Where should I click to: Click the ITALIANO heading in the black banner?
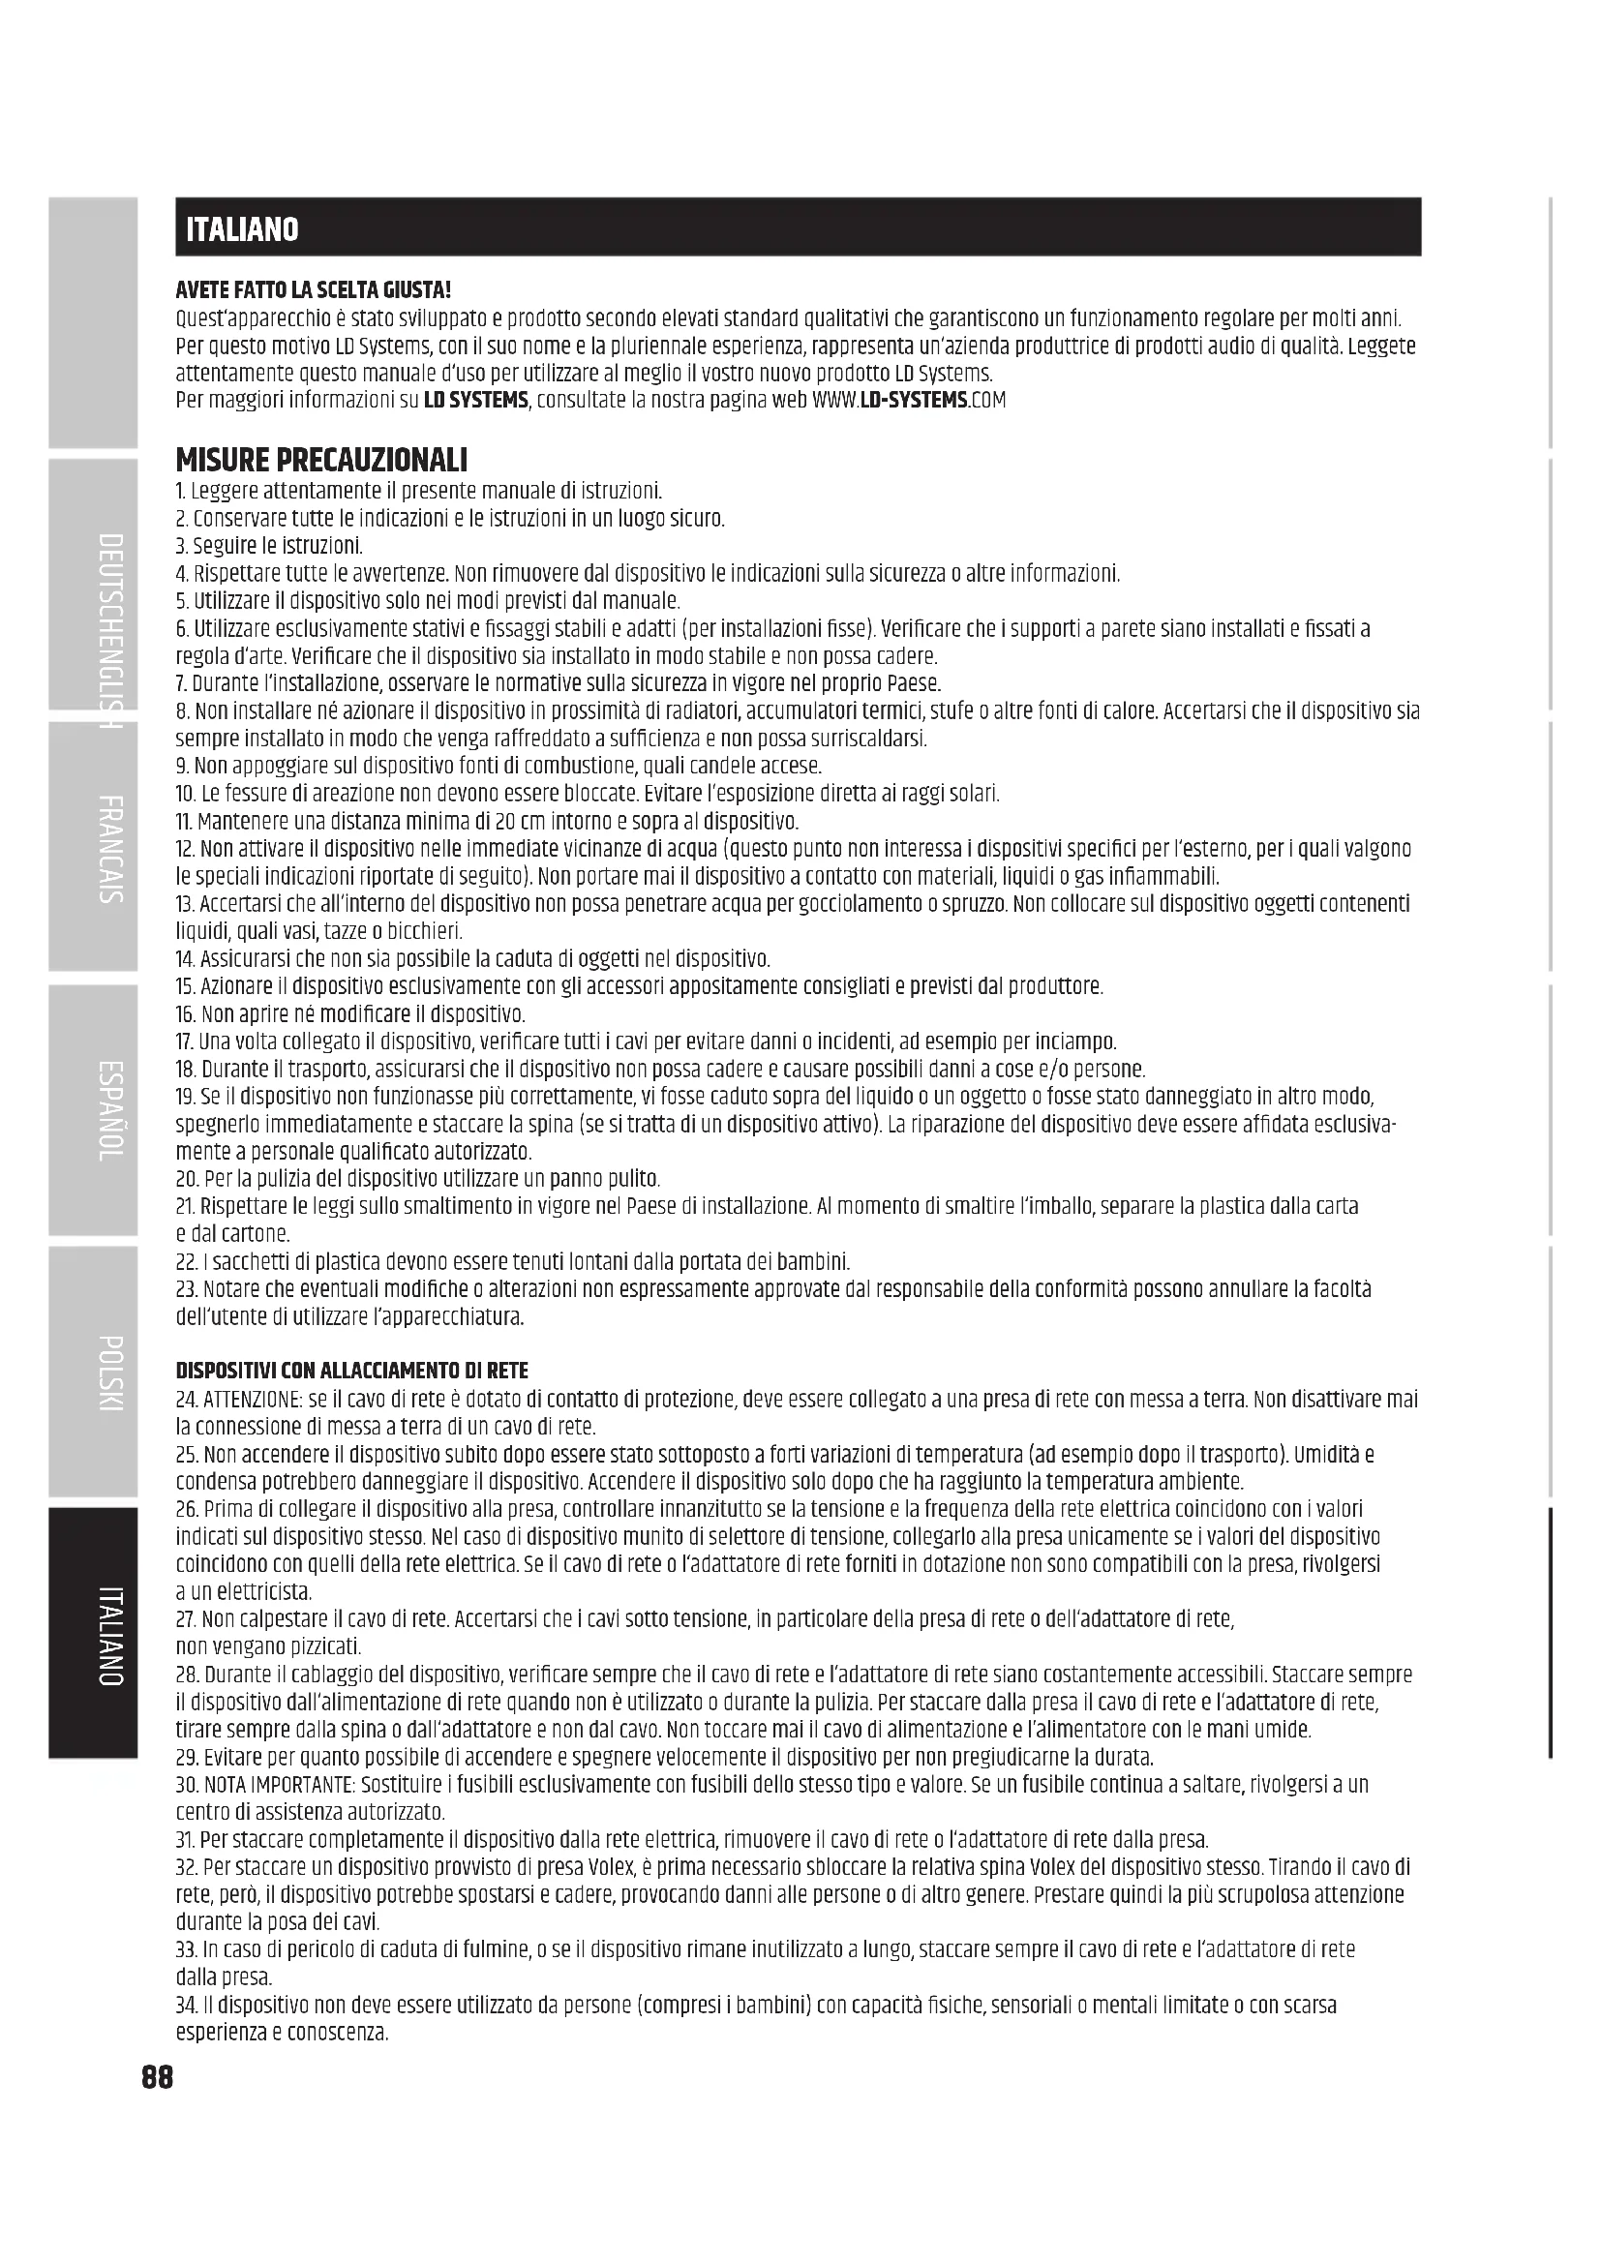(x=243, y=229)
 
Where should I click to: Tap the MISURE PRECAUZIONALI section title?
(x=321, y=460)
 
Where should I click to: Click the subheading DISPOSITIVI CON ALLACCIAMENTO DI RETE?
(x=352, y=1371)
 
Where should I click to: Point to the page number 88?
(x=158, y=2077)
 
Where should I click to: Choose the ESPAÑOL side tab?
(x=110, y=1110)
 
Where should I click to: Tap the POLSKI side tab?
(x=110, y=1373)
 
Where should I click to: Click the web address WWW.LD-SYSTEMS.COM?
(x=909, y=401)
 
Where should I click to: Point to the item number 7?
(x=181, y=684)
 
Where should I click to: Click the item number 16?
(x=186, y=1014)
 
